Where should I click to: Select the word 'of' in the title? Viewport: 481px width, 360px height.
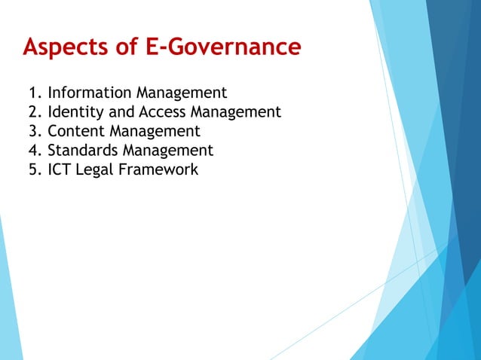pos(130,48)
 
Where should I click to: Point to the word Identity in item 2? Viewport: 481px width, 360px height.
pos(75,113)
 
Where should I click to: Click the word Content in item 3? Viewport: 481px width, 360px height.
pos(76,131)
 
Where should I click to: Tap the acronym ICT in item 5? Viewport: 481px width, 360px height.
pos(60,169)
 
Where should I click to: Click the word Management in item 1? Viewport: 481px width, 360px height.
pos(182,94)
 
